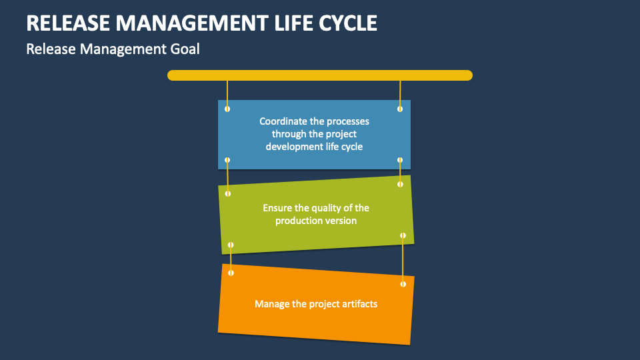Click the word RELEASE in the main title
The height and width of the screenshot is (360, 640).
click(67, 23)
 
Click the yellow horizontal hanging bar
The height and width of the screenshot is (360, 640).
click(320, 75)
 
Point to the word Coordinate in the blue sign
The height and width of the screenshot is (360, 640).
click(283, 121)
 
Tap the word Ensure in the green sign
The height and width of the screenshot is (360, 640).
click(277, 208)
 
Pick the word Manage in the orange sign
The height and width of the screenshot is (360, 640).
click(271, 304)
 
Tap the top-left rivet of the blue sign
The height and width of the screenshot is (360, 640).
click(227, 109)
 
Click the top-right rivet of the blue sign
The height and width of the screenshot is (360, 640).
click(400, 109)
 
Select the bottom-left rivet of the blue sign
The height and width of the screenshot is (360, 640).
click(227, 160)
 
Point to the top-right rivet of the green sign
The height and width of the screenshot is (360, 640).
click(401, 184)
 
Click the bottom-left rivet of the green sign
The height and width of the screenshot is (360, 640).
click(231, 245)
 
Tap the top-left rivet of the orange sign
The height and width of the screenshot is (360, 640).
click(231, 273)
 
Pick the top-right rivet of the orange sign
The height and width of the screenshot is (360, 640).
click(403, 284)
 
